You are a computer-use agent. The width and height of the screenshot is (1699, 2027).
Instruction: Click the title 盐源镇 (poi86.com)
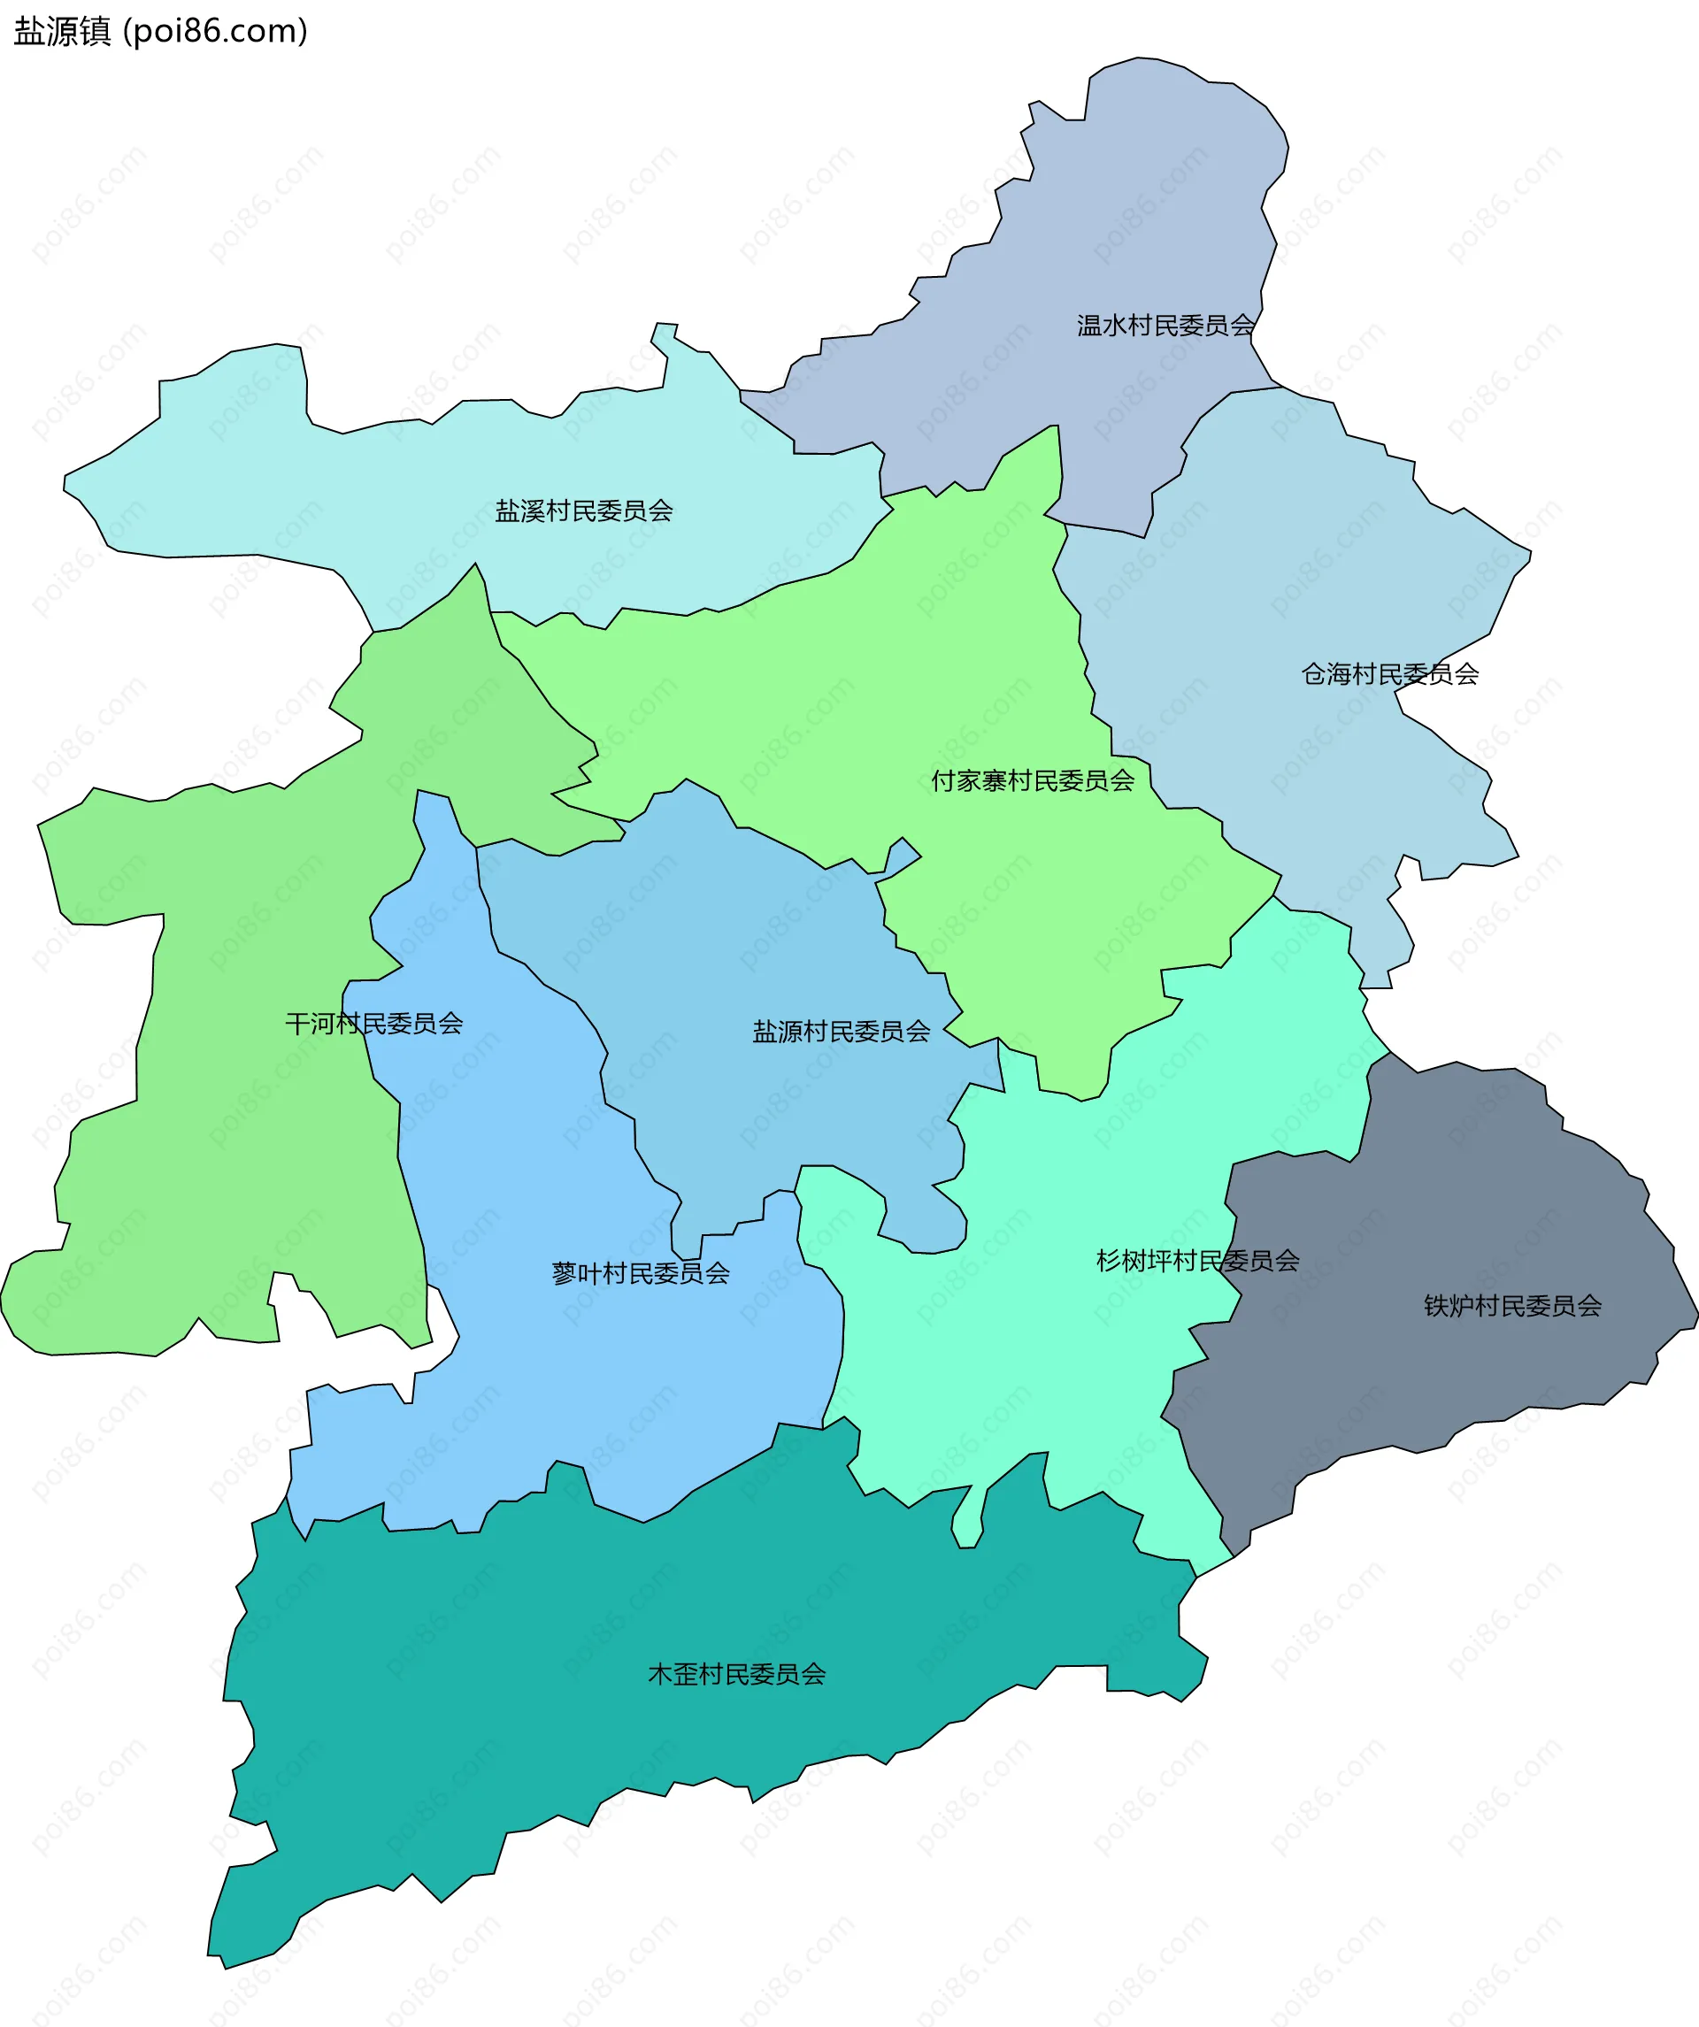coord(160,32)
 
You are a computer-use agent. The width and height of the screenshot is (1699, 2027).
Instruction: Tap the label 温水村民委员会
coord(1165,326)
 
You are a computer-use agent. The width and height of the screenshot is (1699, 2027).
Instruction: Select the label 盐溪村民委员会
coord(583,511)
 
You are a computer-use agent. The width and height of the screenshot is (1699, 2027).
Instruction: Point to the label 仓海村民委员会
coord(1389,673)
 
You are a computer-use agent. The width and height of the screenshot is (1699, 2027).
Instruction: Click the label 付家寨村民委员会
coord(1032,779)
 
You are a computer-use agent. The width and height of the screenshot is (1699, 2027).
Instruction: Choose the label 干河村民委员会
coord(373,1023)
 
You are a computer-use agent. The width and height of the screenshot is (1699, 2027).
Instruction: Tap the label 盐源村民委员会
coord(841,1032)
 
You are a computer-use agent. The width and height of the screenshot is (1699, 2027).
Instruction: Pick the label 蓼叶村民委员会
coord(640,1273)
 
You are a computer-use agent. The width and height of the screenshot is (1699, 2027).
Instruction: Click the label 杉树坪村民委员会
coord(1197,1260)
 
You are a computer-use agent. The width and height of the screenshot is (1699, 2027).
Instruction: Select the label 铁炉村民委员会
coord(1511,1306)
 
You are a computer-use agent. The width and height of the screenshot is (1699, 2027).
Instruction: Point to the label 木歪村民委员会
coord(736,1674)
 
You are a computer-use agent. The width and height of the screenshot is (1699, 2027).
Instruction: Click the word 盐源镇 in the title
coord(63,32)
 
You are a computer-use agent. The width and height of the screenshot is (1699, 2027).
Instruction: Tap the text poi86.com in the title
coord(215,32)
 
